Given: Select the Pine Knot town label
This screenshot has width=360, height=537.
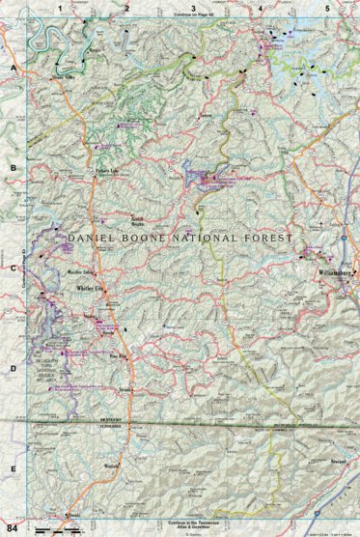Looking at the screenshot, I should click(118, 355).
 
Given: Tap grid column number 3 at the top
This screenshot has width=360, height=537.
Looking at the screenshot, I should click(193, 8).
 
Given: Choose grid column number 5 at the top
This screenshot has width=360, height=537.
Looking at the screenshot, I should click(326, 8).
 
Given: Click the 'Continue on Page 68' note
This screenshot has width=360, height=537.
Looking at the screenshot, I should click(193, 17).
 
